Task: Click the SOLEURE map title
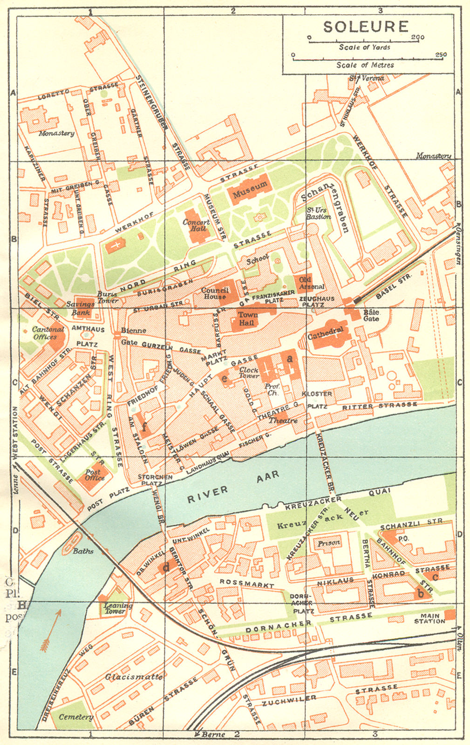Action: (x=366, y=27)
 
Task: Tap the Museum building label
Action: (x=250, y=189)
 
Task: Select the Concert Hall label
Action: (x=196, y=225)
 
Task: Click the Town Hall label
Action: (x=248, y=318)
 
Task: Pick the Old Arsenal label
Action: (x=312, y=283)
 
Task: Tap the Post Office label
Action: (x=95, y=475)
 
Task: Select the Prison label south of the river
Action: (x=329, y=543)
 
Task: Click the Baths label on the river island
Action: (x=83, y=551)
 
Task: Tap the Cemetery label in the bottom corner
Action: (x=75, y=717)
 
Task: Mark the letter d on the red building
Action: (x=166, y=567)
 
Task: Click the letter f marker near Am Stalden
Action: (x=145, y=426)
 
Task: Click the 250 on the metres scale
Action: (x=440, y=55)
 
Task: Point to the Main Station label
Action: (x=429, y=618)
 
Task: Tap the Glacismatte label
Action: (x=133, y=677)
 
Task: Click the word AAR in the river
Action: (x=268, y=476)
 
